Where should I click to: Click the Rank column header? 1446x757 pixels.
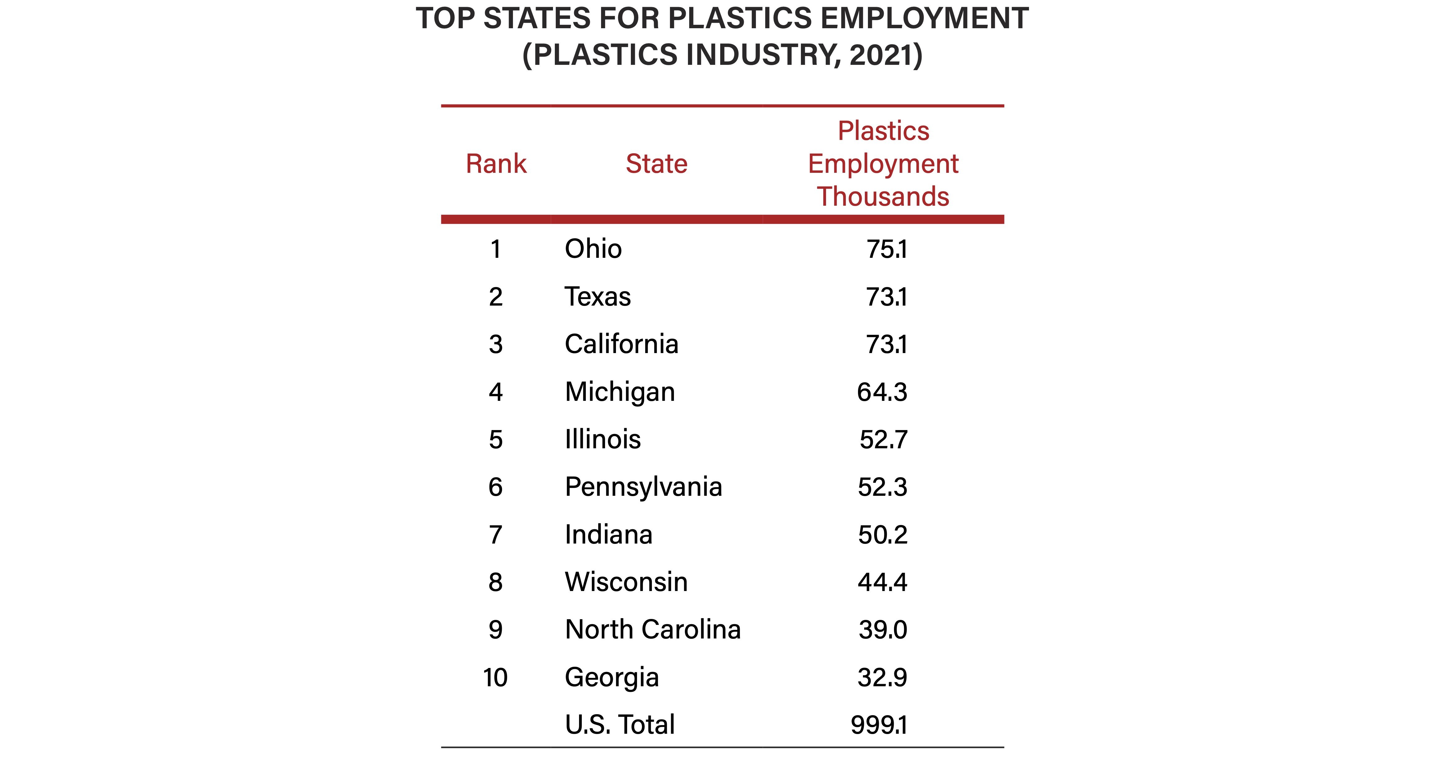496,164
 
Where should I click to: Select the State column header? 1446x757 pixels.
656,164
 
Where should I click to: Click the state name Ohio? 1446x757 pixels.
593,249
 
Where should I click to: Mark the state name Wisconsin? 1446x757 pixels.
626,582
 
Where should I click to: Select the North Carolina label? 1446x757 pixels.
653,629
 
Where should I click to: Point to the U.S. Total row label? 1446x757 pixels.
620,724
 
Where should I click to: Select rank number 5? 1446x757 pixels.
496,439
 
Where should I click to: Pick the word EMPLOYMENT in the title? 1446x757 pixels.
924,19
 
